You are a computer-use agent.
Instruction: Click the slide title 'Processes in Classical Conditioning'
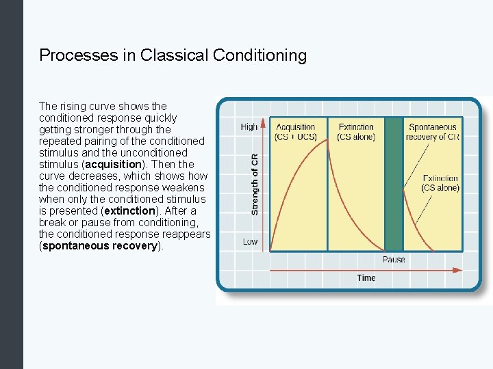[173, 55]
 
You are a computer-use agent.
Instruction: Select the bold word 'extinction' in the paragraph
[129, 211]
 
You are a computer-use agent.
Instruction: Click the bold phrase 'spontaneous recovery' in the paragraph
[100, 246]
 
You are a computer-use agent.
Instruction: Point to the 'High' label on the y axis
[249, 127]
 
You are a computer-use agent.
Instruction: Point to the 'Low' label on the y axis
[250, 242]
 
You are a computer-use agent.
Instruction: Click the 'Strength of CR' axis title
[255, 184]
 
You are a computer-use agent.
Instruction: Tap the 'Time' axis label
[366, 277]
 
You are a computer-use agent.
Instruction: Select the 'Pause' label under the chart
[394, 260]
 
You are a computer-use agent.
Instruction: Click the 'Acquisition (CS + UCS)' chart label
[296, 132]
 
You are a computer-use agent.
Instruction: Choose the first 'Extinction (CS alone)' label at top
[356, 132]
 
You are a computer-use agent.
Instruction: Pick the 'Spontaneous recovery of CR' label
[432, 132]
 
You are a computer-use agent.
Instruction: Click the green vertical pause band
[393, 184]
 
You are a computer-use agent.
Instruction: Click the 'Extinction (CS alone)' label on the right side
[440, 183]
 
